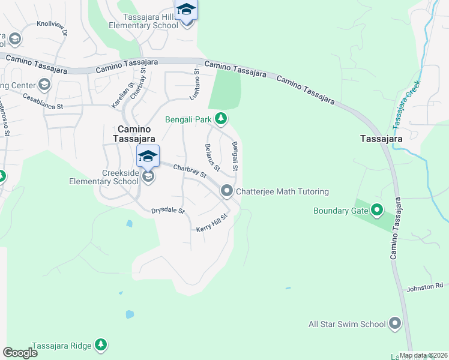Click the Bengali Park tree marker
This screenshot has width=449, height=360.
[221, 119]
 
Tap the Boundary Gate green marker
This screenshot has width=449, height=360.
[377, 210]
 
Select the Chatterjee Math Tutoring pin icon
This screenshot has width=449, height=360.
[227, 191]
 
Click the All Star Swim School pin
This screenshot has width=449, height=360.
[394, 324]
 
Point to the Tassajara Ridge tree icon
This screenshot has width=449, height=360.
[101, 344]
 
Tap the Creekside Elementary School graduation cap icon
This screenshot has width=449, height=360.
[148, 158]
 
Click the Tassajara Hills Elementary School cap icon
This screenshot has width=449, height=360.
[186, 10]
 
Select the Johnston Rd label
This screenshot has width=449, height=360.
[424, 287]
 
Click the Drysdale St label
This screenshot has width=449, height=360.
[168, 211]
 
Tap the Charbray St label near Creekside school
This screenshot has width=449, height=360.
[190, 172]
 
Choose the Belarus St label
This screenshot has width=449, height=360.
[212, 156]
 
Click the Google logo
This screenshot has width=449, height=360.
[20, 352]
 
